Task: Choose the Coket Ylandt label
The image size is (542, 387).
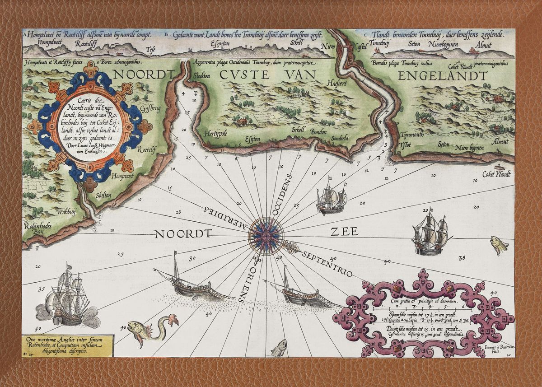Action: [x=496, y=174]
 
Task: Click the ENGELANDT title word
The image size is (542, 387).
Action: [x=443, y=75]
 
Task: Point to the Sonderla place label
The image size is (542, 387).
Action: [x=337, y=139]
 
